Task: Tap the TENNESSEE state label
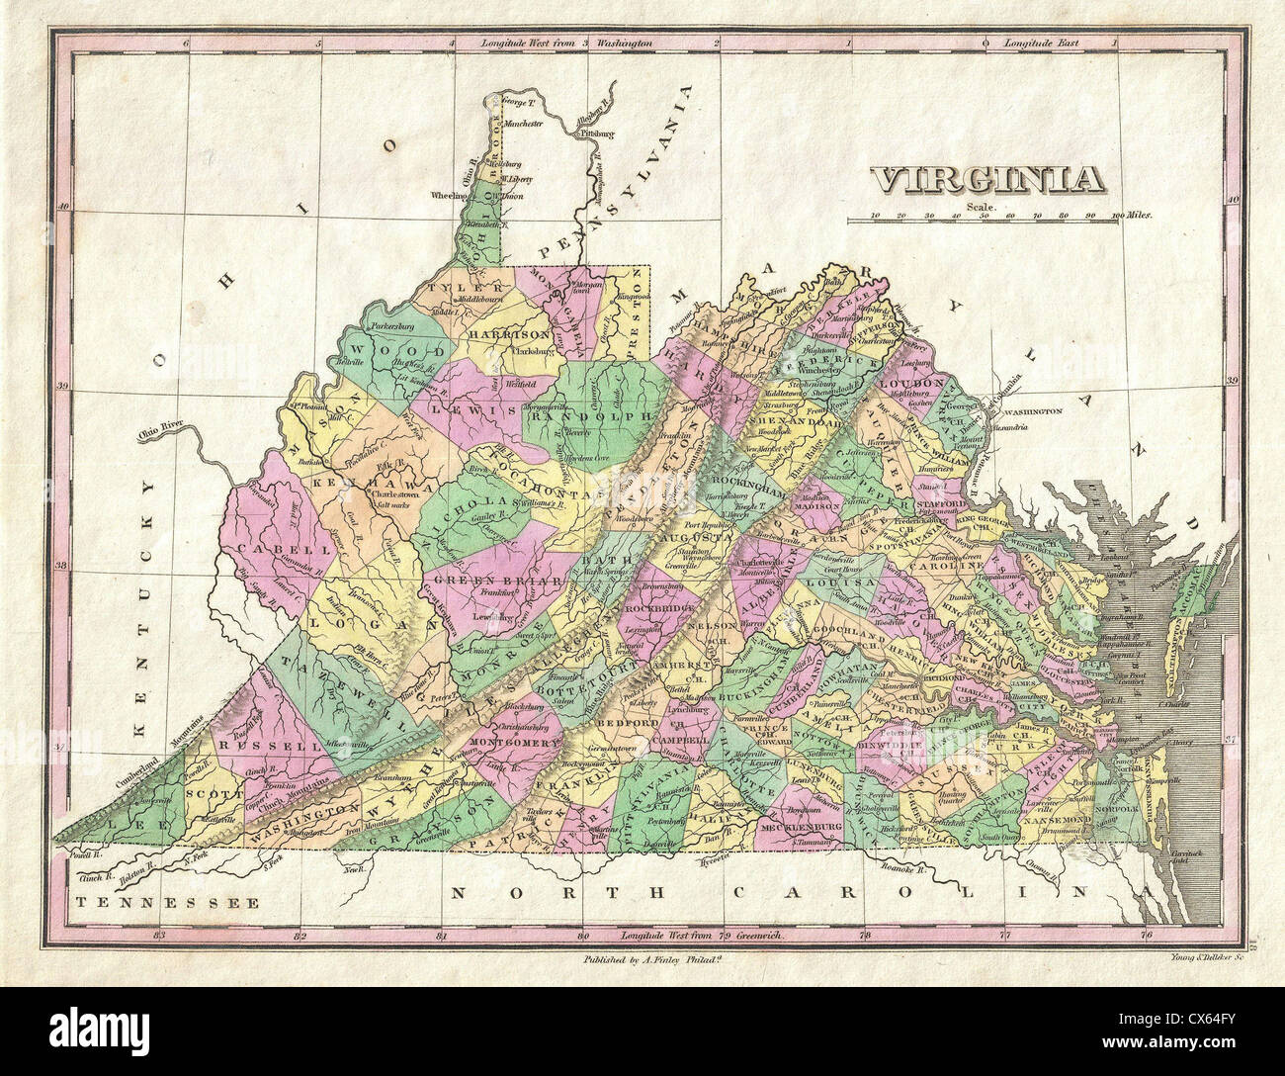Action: point(167,902)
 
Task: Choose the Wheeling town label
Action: point(448,196)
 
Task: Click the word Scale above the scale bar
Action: point(978,206)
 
